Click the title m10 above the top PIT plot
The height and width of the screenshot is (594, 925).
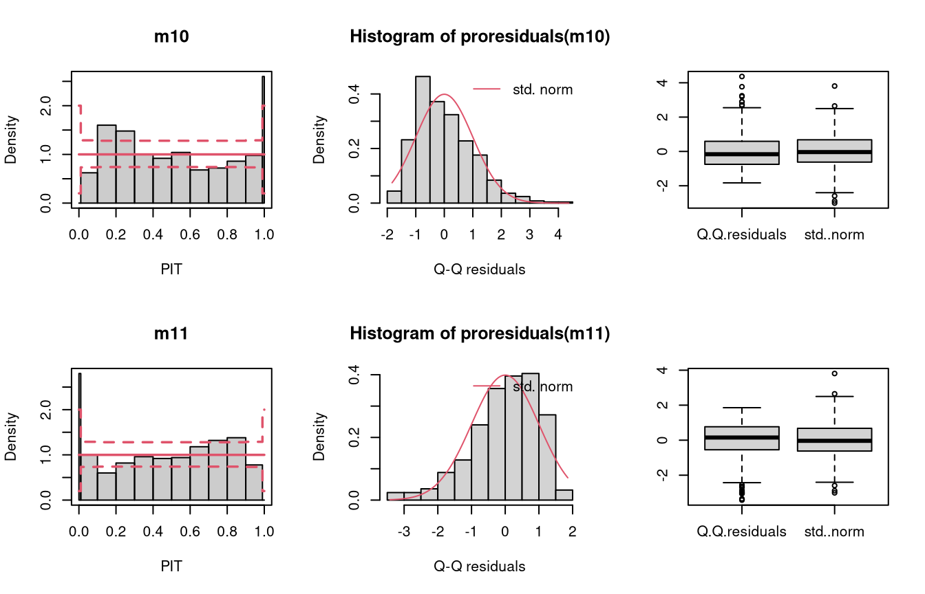point(171,36)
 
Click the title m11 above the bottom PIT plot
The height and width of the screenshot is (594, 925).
point(171,333)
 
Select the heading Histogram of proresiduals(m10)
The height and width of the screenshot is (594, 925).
point(480,36)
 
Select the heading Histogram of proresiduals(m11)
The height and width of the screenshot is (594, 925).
point(480,333)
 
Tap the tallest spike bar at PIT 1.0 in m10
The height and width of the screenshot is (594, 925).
point(264,140)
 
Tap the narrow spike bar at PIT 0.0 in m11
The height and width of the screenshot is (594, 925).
point(80,437)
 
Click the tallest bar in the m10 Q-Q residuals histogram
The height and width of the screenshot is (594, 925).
point(423,140)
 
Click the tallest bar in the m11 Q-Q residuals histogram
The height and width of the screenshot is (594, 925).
point(530,437)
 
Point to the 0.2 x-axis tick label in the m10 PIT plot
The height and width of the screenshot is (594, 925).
point(116,234)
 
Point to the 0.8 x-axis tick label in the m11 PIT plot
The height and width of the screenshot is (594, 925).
point(227,531)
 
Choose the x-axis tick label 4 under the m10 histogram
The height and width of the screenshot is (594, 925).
point(558,234)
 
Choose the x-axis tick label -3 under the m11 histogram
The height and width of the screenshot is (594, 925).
point(404,531)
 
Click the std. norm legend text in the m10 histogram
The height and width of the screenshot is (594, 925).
point(542,89)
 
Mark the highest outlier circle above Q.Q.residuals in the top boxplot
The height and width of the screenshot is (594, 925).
point(742,76)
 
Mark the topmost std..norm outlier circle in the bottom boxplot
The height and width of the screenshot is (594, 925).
point(835,373)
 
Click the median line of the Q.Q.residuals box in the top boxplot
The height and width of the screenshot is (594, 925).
point(742,154)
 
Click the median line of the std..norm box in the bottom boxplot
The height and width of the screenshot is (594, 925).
point(835,441)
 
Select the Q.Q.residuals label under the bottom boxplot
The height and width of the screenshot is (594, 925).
point(742,531)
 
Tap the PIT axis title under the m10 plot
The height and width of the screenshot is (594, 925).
point(171,269)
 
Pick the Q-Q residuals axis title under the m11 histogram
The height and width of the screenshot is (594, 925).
point(480,566)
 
